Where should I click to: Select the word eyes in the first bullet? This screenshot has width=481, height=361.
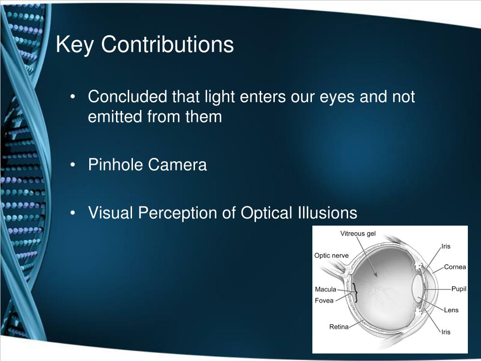[337, 97]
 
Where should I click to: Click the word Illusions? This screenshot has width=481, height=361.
[326, 213]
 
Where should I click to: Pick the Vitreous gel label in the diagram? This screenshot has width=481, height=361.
[358, 234]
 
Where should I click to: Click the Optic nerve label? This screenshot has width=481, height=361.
[332, 255]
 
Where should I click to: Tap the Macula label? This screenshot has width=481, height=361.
[326, 290]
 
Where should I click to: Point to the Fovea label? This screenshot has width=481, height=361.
[324, 300]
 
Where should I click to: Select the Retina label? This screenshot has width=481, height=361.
[339, 327]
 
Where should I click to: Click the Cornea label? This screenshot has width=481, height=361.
[455, 267]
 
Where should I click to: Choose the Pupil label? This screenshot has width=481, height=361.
[458, 289]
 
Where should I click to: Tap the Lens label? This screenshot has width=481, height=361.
[451, 310]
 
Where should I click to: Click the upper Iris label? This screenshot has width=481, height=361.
[446, 246]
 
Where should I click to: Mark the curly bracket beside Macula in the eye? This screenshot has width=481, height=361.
[356, 294]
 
